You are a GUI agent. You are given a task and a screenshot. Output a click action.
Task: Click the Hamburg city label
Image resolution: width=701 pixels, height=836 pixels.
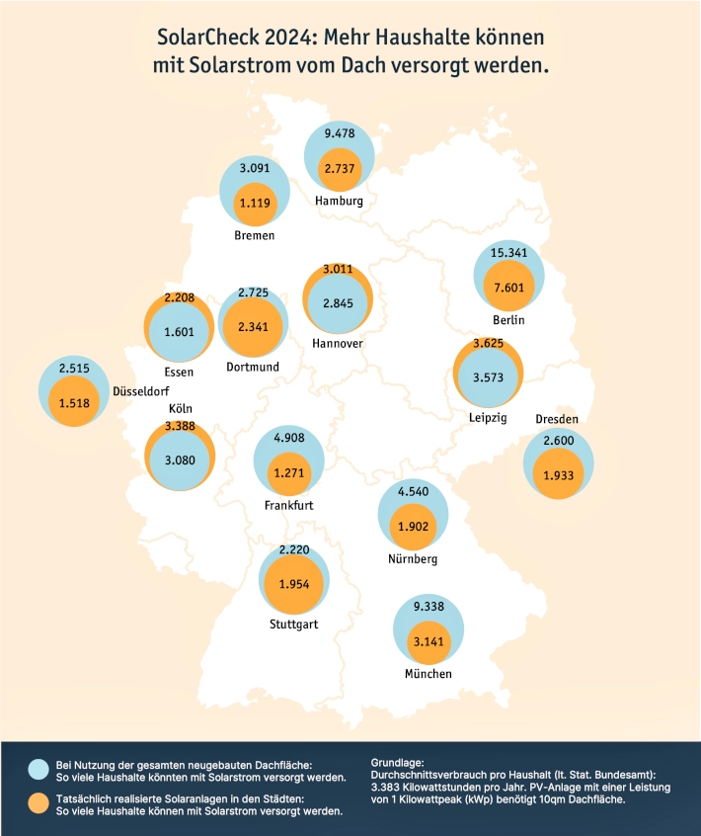click(x=339, y=201)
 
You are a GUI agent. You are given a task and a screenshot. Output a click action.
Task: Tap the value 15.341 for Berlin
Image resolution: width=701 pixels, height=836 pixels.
click(x=508, y=253)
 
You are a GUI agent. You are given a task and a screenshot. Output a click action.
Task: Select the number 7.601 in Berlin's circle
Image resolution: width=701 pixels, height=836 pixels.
click(x=509, y=288)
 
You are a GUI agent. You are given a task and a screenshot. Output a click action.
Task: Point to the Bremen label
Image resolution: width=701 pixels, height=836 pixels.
click(x=255, y=235)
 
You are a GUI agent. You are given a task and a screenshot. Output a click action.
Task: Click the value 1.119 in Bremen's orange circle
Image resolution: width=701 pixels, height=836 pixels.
click(x=255, y=204)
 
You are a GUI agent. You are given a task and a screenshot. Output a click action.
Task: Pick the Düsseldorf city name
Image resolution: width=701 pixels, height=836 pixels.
click(x=140, y=391)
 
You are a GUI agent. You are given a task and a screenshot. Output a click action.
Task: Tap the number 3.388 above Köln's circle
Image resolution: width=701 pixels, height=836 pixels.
click(x=180, y=426)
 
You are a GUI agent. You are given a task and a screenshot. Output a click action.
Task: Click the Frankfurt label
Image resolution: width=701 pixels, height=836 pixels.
click(x=288, y=505)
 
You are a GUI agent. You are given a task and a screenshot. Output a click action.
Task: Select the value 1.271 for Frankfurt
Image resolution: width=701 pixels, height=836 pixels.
click(x=288, y=473)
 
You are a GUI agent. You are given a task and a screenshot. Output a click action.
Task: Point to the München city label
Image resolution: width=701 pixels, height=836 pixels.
click(x=428, y=674)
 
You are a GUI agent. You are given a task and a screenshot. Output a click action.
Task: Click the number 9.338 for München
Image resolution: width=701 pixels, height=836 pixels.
click(x=428, y=607)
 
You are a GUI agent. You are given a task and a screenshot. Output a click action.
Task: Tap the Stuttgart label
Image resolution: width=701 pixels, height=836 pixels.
click(x=293, y=625)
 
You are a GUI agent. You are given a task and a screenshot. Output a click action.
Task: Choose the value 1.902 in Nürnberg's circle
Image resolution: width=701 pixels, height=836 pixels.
click(x=414, y=527)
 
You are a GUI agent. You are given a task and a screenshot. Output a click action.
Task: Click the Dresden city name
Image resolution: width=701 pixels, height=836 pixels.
click(x=557, y=419)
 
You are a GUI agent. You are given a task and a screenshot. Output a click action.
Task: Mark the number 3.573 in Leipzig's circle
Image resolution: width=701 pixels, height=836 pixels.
click(x=488, y=377)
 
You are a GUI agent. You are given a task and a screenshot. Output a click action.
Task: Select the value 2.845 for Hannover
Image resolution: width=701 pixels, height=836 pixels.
click(x=339, y=303)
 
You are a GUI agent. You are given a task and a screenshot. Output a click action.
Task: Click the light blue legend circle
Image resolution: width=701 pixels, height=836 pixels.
click(x=39, y=770)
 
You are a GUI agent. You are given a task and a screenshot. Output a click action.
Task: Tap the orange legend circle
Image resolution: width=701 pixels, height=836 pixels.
click(x=39, y=803)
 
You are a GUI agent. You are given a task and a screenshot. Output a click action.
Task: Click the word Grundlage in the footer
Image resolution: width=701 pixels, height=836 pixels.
click(x=397, y=763)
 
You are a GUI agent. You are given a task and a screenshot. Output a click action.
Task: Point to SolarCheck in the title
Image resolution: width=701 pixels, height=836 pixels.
click(x=207, y=38)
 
